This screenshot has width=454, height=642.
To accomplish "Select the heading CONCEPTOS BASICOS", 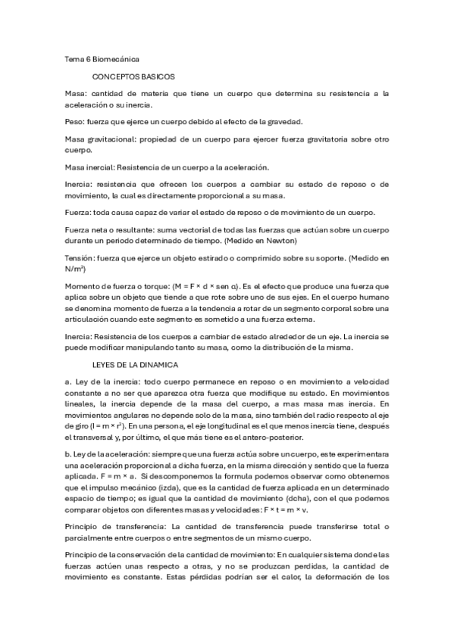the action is pyautogui.click(x=133, y=77).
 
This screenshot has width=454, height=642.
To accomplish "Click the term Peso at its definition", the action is pyautogui.click(x=74, y=122).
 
